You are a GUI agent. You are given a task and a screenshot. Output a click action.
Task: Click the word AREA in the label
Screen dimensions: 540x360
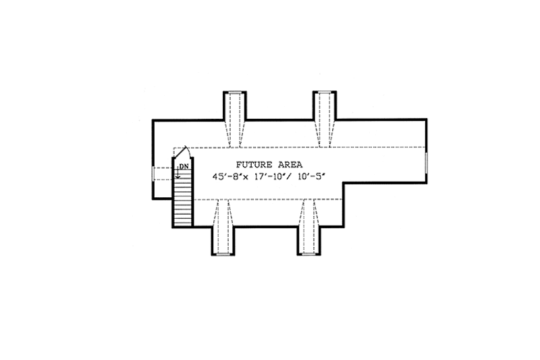point(290,164)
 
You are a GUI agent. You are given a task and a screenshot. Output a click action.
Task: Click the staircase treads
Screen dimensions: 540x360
point(182,203)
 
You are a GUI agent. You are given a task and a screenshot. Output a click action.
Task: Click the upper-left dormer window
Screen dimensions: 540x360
point(235,92)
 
